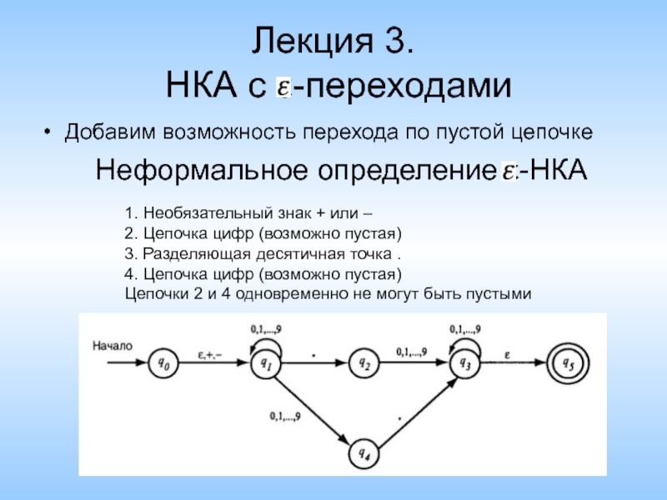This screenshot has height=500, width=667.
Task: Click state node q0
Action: [163, 362]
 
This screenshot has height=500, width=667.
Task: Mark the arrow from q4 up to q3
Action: [414, 408]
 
